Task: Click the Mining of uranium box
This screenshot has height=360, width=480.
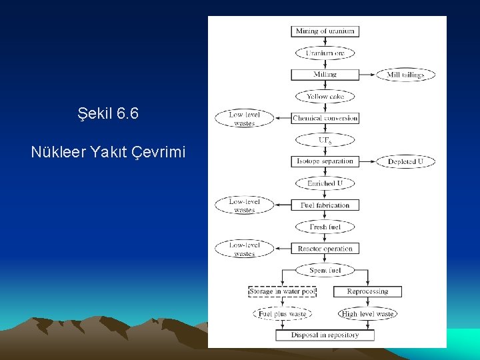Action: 325,31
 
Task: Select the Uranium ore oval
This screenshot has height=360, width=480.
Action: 325,53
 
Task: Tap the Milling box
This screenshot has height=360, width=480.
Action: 325,75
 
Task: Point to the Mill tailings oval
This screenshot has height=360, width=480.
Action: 405,75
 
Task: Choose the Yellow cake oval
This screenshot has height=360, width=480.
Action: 325,97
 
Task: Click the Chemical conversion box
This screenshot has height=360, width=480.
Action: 325,118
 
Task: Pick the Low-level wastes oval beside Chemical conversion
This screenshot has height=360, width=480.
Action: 244,119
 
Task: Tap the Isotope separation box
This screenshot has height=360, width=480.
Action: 325,161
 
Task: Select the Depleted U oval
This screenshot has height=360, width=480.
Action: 405,161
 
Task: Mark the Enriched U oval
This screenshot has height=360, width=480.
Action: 325,183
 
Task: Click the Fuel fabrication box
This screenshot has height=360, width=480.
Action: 325,205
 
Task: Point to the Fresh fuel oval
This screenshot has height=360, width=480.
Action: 325,227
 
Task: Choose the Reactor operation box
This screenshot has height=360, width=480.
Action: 325,249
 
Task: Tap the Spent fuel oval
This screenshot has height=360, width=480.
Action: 325,270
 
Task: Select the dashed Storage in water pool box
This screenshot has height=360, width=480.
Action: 282,291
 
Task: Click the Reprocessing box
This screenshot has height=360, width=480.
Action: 367,291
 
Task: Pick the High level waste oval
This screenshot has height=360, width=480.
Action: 367,313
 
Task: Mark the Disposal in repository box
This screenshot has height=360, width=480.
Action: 325,335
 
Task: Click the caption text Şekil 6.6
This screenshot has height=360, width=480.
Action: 108,114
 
